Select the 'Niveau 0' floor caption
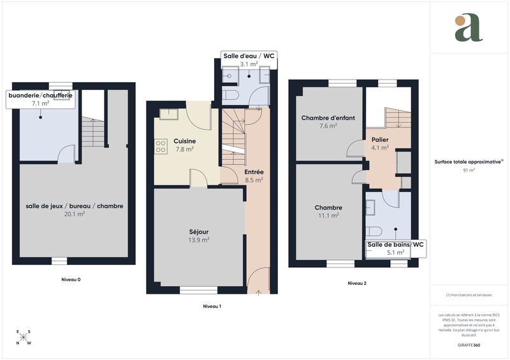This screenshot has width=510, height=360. (71, 280)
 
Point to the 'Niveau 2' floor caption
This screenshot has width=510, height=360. (357, 283)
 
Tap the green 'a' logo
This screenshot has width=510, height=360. (469, 28)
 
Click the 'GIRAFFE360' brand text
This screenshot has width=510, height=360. (469, 345)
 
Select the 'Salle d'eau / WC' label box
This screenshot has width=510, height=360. (249, 57)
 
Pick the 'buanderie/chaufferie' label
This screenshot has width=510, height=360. (40, 95)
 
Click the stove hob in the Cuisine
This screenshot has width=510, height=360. (161, 147)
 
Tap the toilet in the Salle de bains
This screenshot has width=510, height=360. (375, 230)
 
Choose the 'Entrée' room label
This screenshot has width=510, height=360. (254, 172)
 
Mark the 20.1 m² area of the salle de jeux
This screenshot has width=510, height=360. (75, 214)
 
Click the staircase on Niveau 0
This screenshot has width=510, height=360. (92, 132)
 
